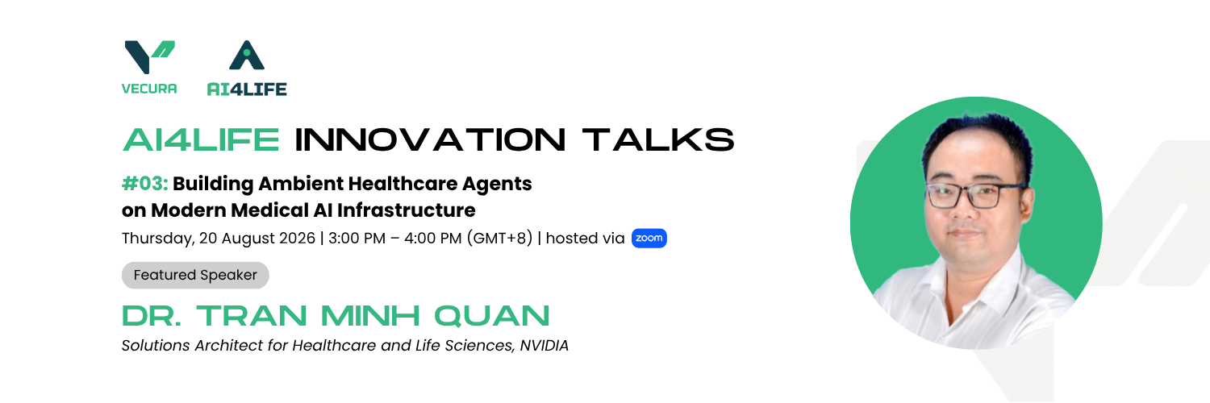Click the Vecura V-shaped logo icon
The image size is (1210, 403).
(149, 56)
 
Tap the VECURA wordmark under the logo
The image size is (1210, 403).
(149, 89)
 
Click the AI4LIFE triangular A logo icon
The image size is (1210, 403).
(247, 55)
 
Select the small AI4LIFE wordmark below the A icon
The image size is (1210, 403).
(247, 89)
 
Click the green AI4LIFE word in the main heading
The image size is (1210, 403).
(201, 139)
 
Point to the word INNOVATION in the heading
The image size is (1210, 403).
(430, 139)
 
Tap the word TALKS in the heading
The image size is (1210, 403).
(658, 139)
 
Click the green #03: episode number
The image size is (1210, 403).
(144, 184)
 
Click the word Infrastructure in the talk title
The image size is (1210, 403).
(407, 210)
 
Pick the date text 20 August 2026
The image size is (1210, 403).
(257, 238)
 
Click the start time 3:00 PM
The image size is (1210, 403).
(357, 238)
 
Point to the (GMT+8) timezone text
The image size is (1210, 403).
(499, 238)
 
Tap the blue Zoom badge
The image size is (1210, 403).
(649, 238)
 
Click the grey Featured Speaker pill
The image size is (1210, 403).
(195, 275)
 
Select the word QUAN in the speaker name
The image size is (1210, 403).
(491, 316)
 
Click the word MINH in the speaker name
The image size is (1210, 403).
(370, 316)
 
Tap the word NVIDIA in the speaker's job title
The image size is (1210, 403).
(544, 345)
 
